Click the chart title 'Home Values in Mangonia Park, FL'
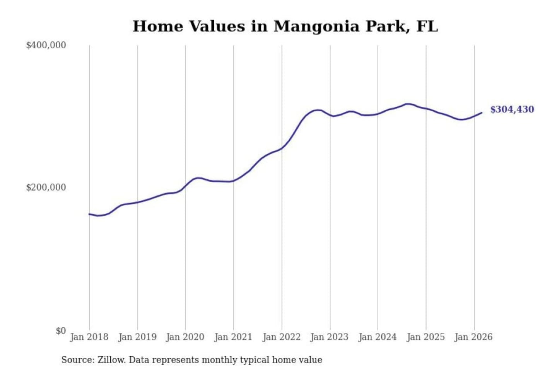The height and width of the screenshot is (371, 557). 285,26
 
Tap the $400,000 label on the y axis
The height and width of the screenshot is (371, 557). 46,45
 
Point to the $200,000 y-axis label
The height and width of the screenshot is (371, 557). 46,187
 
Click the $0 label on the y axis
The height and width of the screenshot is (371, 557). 61,331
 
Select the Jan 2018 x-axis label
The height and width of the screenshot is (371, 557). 89,337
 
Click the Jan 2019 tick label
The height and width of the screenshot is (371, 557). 137,337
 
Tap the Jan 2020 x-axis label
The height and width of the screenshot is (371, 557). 185,337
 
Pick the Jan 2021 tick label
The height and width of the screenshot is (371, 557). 233,337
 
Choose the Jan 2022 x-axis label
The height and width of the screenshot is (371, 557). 282,337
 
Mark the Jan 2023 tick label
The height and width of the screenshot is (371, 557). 330,337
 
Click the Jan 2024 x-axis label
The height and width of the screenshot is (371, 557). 378,337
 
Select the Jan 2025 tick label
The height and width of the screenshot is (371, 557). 426,337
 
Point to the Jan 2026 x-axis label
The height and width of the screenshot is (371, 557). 474,337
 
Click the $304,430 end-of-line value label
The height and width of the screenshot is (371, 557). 512,109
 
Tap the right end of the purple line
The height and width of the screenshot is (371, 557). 482,113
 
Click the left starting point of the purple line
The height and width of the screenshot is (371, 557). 89,214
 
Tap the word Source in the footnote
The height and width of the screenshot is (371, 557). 77,360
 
